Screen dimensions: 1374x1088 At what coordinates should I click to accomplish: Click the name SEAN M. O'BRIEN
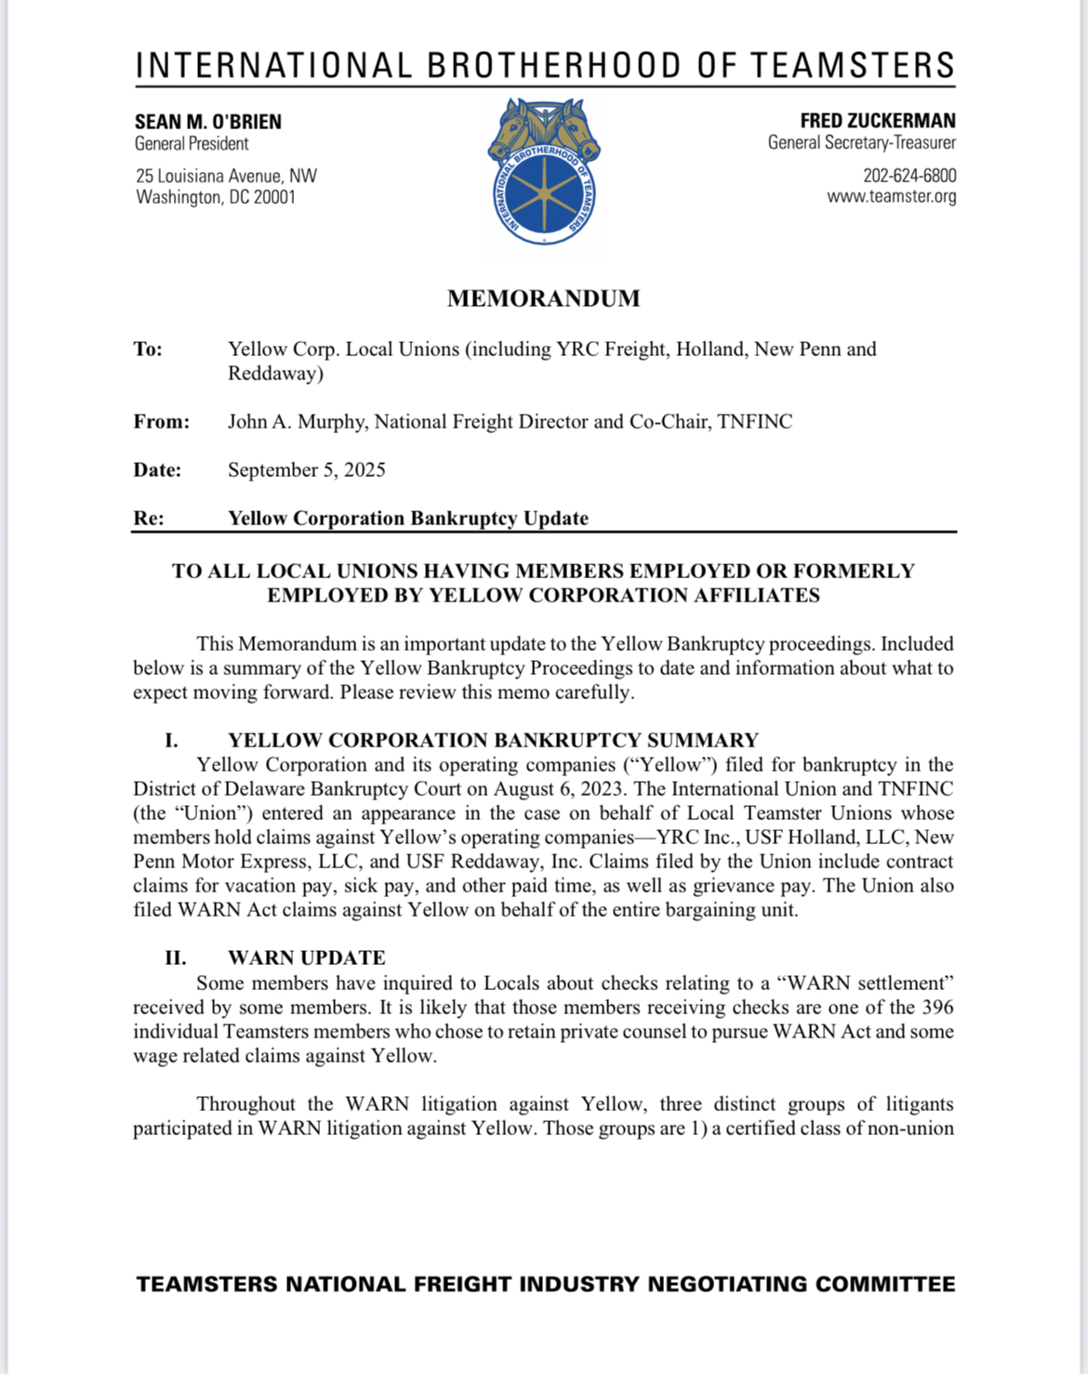coord(208,122)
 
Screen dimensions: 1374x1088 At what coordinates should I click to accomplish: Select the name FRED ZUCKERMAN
coord(877,121)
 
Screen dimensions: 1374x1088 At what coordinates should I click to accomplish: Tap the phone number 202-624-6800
coord(909,176)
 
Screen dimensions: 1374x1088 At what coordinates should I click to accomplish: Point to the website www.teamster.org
coord(891,196)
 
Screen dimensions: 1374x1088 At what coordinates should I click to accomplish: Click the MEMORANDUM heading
coord(543,298)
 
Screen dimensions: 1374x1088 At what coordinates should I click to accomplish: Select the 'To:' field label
coord(148,350)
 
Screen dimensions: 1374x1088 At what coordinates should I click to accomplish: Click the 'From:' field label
coord(161,422)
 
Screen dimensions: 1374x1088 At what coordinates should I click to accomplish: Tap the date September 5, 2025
coord(306,470)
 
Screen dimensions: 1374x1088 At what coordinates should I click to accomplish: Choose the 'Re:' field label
coord(148,519)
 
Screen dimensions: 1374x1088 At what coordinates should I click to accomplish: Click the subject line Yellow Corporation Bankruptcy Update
coord(408,519)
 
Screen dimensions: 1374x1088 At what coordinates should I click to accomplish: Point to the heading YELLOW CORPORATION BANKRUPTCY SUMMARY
coord(493,741)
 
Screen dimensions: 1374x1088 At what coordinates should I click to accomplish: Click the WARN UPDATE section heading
coord(306,958)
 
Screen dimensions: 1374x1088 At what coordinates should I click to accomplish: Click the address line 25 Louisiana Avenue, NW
coord(226,176)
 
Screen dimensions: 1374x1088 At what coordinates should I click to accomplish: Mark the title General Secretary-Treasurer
coord(861,143)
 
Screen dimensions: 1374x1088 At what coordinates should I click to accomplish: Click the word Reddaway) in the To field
coord(275,374)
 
